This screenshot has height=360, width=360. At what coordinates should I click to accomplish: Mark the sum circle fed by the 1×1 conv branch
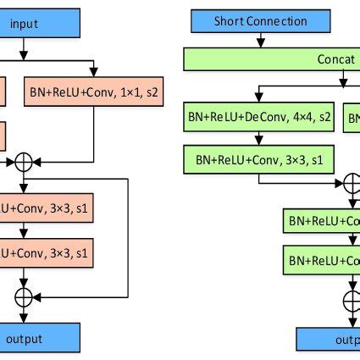pos(23,160)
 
